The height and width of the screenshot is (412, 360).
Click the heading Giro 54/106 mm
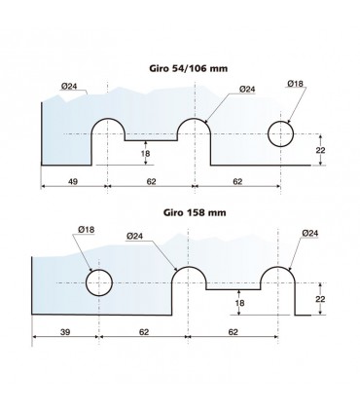188,68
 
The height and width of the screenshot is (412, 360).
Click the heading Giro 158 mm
195,212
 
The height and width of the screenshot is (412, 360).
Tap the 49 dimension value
73,181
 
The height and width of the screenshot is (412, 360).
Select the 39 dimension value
65,332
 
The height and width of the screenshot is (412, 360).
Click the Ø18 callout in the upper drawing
295,84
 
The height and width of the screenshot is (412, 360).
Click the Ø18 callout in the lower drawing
87,230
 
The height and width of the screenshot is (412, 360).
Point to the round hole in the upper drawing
280,134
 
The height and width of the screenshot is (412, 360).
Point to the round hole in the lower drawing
99,282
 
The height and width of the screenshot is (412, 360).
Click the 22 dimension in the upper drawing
320,150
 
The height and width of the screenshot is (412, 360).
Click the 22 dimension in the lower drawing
320,299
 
